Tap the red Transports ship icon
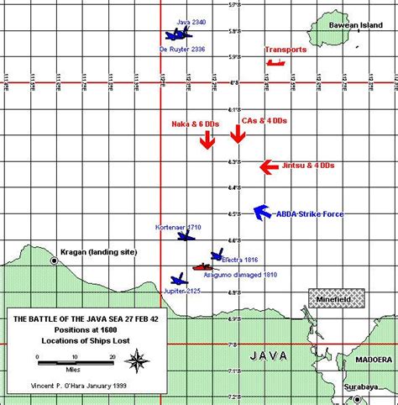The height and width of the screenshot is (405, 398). click(275, 62)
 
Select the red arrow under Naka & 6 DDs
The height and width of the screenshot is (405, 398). click(207, 140)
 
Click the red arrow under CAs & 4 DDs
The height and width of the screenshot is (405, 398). click(239, 135)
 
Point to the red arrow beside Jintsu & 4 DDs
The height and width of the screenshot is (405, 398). click(268, 167)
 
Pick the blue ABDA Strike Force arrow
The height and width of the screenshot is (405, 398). click(260, 213)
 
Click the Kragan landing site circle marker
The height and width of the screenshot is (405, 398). click(55, 260)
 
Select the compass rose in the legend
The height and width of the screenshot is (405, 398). click(135, 361)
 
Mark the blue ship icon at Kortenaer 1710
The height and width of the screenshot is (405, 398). click(186, 237)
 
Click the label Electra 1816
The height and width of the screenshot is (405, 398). click(239, 260)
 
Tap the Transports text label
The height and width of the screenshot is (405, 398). click(285, 50)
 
